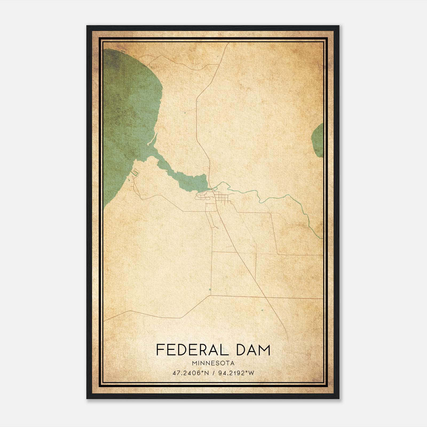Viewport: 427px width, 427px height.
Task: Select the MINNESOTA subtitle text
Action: coord(213,363)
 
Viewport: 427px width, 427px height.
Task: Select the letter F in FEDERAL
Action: coord(160,350)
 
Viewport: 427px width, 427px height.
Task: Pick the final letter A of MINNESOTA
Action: coord(233,363)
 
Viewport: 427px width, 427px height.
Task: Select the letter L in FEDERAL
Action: coord(224,350)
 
